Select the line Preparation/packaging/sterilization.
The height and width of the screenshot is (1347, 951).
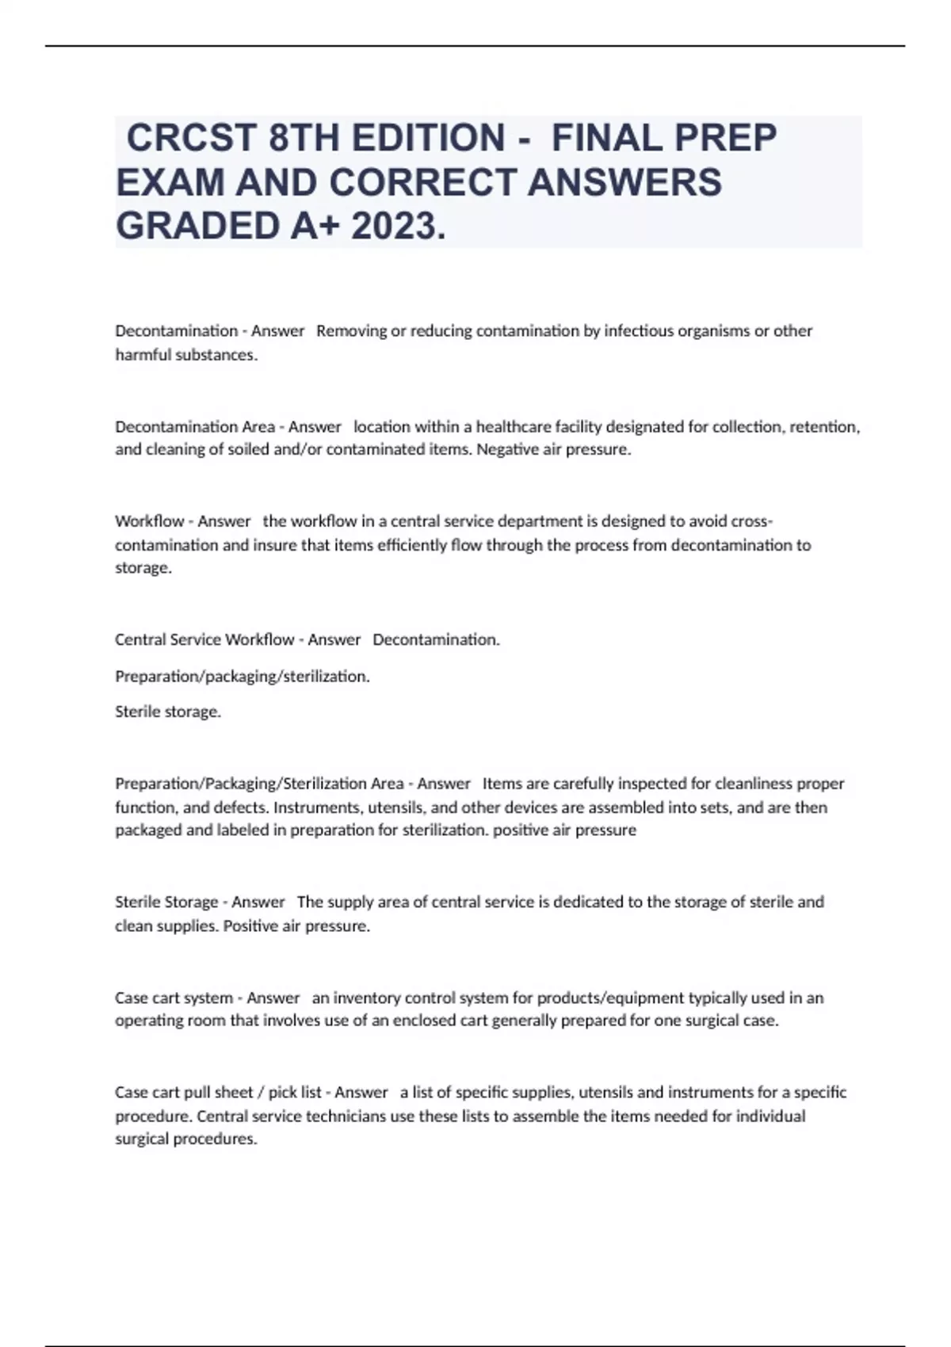(x=243, y=676)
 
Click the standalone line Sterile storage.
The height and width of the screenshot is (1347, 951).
(x=168, y=712)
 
